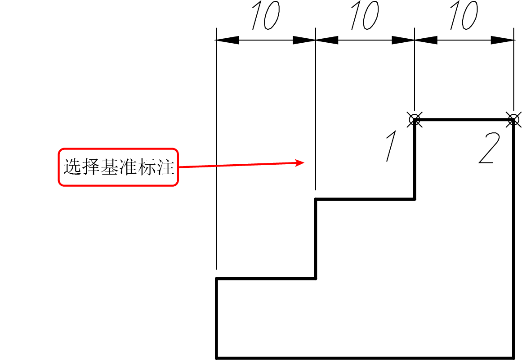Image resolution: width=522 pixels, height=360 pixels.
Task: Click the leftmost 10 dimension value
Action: (x=266, y=15)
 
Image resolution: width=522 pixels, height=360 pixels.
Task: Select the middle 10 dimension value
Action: (x=365, y=15)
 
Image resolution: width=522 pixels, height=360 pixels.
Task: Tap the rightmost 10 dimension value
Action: (x=464, y=15)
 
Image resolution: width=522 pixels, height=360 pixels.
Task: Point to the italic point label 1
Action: (x=391, y=146)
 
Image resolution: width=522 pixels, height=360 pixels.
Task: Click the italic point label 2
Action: (x=489, y=148)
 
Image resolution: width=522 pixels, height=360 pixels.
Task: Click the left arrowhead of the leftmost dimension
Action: (x=228, y=40)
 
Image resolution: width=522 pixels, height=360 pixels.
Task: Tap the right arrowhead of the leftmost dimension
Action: (x=304, y=40)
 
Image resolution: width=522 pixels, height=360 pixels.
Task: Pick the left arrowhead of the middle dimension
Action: (x=327, y=40)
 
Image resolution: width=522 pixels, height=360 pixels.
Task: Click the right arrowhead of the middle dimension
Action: (x=403, y=40)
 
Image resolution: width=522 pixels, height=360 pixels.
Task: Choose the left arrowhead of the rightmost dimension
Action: (x=426, y=40)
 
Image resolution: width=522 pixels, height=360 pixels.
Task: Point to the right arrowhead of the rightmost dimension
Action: (x=503, y=40)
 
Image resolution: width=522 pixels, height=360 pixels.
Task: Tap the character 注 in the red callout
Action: (x=166, y=166)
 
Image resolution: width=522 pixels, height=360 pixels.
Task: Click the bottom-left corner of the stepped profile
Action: (x=216, y=358)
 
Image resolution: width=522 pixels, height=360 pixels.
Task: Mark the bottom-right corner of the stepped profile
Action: (x=513, y=358)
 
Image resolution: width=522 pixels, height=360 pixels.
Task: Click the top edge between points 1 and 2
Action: (x=464, y=119)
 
